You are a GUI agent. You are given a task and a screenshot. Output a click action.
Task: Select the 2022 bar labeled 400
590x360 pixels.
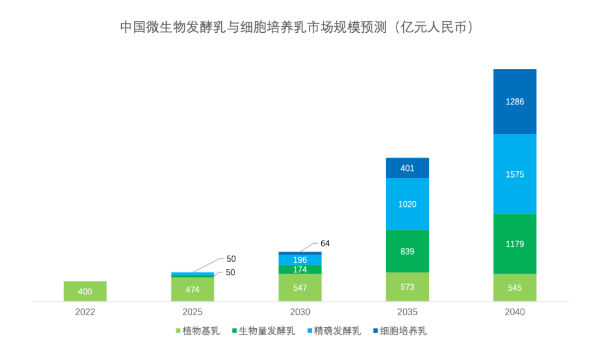coord(85,291)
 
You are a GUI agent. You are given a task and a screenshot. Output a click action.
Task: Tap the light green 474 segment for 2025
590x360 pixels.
coord(193,290)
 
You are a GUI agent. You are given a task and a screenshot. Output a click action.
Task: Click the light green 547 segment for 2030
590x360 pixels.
coord(300,287)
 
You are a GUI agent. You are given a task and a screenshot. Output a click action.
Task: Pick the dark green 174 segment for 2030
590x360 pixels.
coord(300,269)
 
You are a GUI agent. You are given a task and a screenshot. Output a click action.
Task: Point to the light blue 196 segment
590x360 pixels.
coord(300,260)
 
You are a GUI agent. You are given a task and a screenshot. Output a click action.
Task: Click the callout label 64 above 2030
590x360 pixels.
coord(326,244)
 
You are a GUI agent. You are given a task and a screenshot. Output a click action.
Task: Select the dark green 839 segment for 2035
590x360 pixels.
coord(408,251)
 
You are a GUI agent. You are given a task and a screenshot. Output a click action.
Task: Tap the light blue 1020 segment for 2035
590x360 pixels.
coord(408,204)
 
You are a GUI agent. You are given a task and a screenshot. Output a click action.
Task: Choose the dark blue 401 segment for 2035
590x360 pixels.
coord(408,168)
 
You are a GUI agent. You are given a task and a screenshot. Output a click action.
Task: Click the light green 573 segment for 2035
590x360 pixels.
coord(408,287)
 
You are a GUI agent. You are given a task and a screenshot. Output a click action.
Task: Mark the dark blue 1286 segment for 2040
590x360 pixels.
coord(515,102)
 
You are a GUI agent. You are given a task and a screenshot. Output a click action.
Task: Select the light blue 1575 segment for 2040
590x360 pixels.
coord(515,174)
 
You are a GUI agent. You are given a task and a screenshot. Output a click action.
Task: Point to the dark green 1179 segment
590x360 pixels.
coord(515,244)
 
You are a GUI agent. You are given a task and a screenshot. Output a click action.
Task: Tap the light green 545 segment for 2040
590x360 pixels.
coord(515,287)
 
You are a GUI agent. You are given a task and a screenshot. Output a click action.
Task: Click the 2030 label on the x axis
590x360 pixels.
coord(300,312)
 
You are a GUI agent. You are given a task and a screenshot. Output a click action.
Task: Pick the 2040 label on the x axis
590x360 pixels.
coord(515,312)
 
